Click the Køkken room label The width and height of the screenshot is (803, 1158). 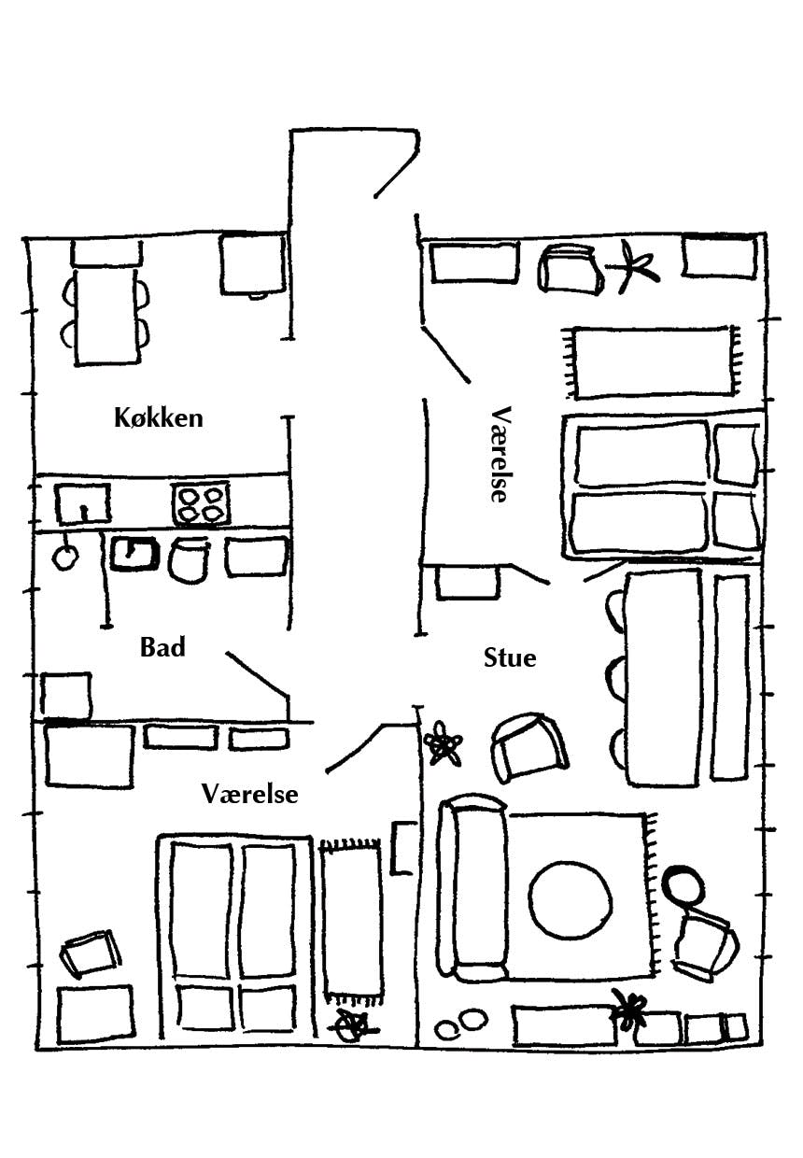pyautogui.click(x=158, y=417)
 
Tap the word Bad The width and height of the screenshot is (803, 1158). pyautogui.click(x=162, y=646)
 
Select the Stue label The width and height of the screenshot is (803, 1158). pyautogui.click(x=510, y=657)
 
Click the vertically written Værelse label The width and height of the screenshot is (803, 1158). pyautogui.click(x=500, y=454)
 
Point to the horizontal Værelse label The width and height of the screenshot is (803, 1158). pyautogui.click(x=250, y=794)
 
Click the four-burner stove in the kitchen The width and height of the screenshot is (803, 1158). pyautogui.click(x=201, y=503)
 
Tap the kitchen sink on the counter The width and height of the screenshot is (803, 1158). pyautogui.click(x=82, y=504)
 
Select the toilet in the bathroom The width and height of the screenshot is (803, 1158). pyautogui.click(x=190, y=558)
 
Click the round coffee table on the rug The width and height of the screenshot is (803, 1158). pyautogui.click(x=571, y=898)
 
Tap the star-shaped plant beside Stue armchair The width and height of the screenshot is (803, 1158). pyautogui.click(x=443, y=744)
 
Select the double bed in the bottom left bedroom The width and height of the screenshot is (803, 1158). pyautogui.click(x=233, y=934)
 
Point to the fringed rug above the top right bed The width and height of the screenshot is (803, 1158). pyautogui.click(x=651, y=361)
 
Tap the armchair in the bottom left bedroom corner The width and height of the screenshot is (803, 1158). pyautogui.click(x=91, y=953)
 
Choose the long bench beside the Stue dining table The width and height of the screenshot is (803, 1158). pyautogui.click(x=730, y=677)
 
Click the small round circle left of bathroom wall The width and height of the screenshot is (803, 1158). pyautogui.click(x=65, y=558)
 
